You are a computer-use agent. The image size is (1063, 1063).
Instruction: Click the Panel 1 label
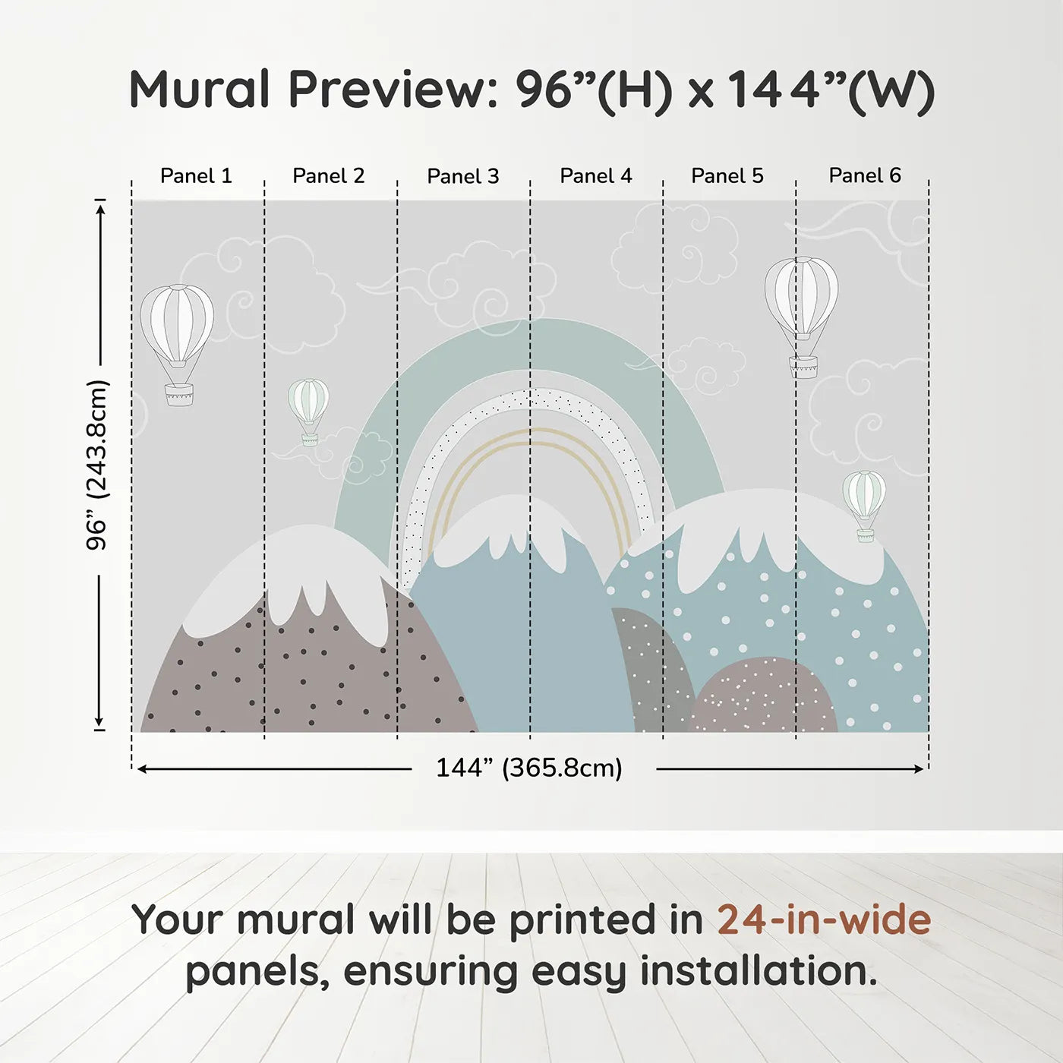tap(196, 176)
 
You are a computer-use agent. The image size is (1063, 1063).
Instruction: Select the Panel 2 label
tap(328, 176)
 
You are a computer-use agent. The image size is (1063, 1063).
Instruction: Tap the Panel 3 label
tap(463, 176)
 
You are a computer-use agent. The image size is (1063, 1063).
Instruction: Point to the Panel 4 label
tap(596, 176)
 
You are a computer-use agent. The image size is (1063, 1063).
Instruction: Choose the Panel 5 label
tap(727, 176)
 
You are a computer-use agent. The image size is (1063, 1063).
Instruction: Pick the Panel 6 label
tap(864, 175)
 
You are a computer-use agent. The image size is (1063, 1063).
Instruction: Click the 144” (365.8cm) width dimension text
tap(529, 768)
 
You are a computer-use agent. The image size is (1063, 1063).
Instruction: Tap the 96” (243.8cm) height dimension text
tap(97, 465)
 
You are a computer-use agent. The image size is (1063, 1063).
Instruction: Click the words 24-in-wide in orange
tap(824, 919)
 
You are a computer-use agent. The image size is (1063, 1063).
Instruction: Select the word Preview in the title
tap(394, 89)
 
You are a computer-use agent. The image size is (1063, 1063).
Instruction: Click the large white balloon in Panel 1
tap(177, 345)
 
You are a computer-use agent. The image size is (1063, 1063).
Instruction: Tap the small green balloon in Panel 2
tap(308, 412)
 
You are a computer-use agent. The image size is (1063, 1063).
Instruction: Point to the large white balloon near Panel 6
tap(802, 317)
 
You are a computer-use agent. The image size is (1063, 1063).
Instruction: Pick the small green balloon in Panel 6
tap(864, 506)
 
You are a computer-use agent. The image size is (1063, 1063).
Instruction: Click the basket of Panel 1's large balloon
tap(179, 394)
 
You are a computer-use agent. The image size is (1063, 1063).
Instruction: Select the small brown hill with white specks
tap(764, 696)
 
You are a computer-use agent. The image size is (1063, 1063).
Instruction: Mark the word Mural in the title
tap(200, 89)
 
